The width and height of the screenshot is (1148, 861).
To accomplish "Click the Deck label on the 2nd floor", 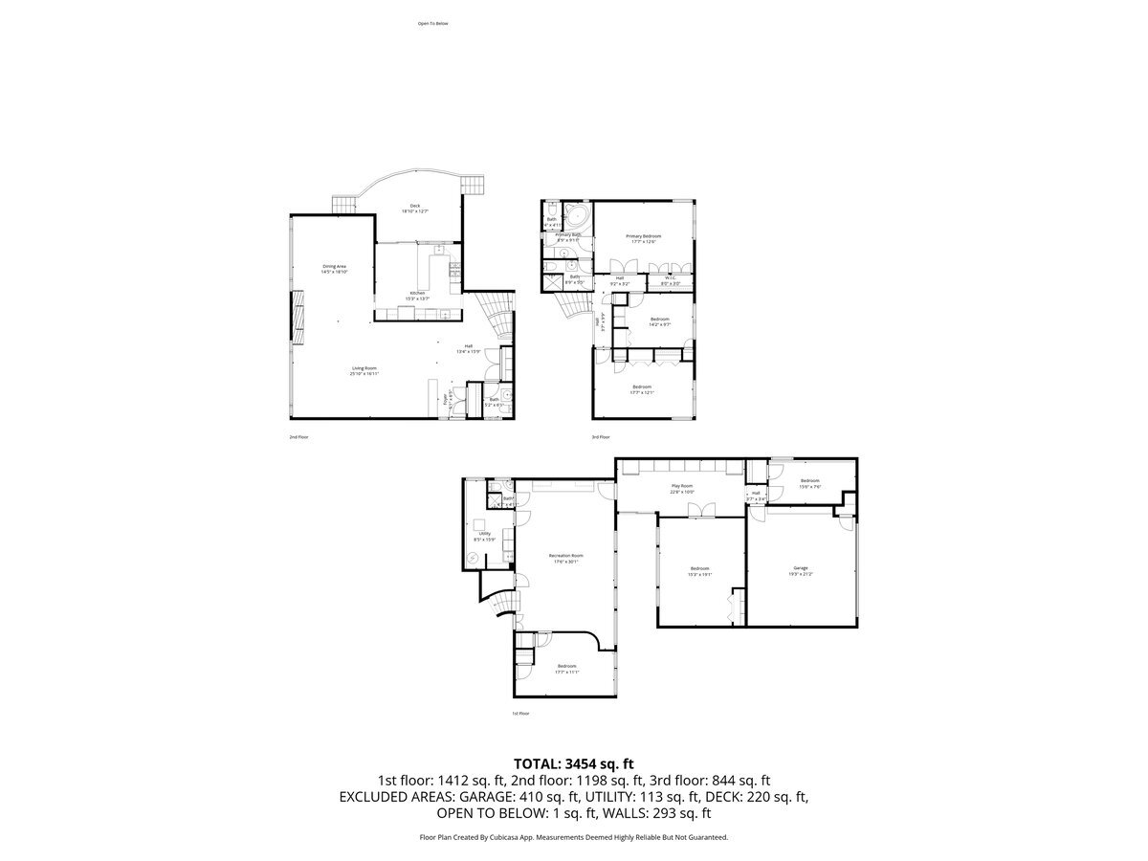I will click(x=414, y=206).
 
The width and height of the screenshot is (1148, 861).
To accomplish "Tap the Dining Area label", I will click(x=334, y=267).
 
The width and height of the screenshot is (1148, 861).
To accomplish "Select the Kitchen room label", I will click(x=417, y=293).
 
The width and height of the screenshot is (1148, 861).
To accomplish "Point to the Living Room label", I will click(x=364, y=367).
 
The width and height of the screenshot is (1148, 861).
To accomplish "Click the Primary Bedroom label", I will click(x=643, y=236).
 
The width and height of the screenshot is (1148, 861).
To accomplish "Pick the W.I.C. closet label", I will click(x=671, y=278).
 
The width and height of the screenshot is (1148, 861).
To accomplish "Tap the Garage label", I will click(x=801, y=568).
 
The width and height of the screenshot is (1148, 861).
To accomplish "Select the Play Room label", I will click(x=681, y=487).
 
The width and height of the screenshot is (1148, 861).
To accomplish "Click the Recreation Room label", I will click(x=565, y=556).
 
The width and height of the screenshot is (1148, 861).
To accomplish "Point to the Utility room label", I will click(x=485, y=534).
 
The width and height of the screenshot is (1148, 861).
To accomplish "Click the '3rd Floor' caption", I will click(x=601, y=436).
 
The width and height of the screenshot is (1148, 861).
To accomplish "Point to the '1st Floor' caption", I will click(x=520, y=713).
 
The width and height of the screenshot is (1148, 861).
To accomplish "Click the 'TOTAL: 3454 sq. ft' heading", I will click(x=574, y=763).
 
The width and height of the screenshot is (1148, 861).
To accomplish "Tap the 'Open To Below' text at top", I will click(x=432, y=23).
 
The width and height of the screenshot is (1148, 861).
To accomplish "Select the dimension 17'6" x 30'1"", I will click(x=565, y=563).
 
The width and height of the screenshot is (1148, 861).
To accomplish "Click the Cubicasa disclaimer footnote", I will click(x=574, y=837).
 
